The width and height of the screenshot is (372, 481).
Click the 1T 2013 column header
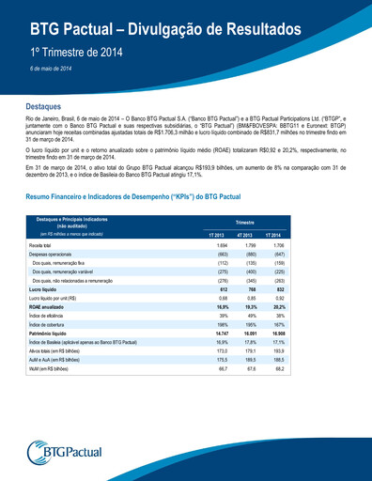[x=215, y=233]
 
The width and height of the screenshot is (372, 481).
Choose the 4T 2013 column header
[x=245, y=233]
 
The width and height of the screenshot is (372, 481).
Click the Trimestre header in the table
[x=245, y=222]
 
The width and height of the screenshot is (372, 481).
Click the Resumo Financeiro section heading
[x=133, y=196]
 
